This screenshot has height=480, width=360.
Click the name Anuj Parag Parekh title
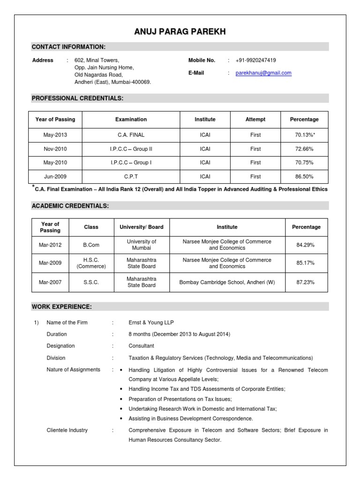click(x=180, y=32)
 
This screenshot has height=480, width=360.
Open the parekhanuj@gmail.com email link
click(x=263, y=73)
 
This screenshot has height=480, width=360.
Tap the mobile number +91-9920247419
click(x=255, y=60)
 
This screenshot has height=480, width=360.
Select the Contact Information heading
click(x=68, y=47)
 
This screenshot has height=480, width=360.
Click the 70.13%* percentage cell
click(x=304, y=135)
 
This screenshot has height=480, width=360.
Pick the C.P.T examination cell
click(x=131, y=177)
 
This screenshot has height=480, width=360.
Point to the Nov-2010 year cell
click(x=55, y=149)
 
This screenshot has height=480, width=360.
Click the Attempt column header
click(x=255, y=120)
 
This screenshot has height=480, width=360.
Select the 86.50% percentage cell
click(x=304, y=177)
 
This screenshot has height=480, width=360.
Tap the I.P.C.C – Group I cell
click(x=131, y=163)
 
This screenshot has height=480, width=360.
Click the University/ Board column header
click(x=142, y=227)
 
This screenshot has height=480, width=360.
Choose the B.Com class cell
click(x=91, y=245)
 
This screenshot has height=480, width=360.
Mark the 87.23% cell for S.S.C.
click(x=306, y=282)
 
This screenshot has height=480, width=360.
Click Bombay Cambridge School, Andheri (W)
click(x=227, y=282)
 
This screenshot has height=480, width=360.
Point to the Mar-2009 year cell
click(x=50, y=263)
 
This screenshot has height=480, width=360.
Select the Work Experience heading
click(x=61, y=307)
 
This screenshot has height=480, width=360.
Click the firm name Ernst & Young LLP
click(x=148, y=322)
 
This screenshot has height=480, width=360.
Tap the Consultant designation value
click(x=141, y=346)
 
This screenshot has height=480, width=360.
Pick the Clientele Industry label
click(x=67, y=430)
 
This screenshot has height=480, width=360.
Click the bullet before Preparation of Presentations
click(x=121, y=399)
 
